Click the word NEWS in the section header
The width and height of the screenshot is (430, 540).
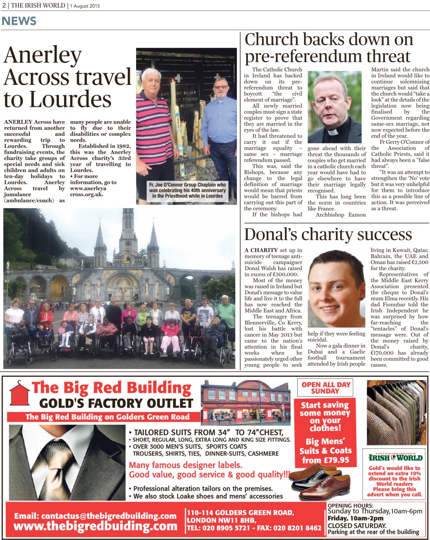[x=19, y=21]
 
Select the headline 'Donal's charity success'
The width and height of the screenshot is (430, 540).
[x=328, y=235]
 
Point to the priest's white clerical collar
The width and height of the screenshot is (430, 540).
[x=333, y=132]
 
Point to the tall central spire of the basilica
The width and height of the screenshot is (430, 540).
[x=127, y=228]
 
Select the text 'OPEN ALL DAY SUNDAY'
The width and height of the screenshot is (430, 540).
[x=326, y=388]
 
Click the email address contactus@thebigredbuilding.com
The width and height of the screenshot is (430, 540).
[x=95, y=516]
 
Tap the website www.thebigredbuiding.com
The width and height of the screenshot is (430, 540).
[x=95, y=526]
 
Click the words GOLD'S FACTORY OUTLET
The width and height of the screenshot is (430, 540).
[x=116, y=403]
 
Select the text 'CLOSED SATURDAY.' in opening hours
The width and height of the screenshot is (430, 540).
[x=357, y=526]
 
